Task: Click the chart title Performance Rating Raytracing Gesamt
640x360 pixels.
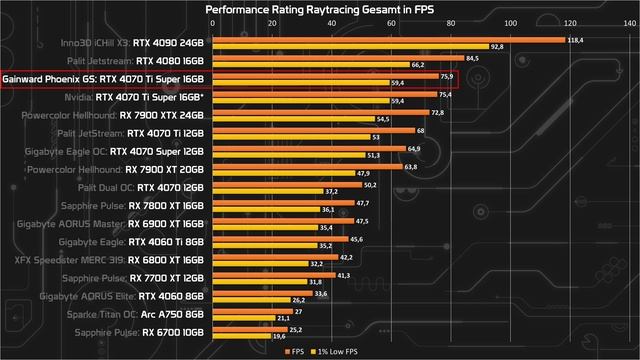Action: click(320, 9)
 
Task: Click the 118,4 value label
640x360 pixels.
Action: click(574, 40)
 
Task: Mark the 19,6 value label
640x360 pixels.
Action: click(279, 336)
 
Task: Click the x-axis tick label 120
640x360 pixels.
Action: click(569, 24)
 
